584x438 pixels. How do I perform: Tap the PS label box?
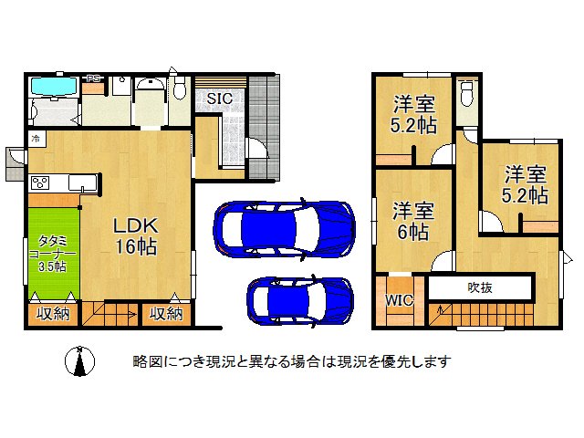[x=94, y=79]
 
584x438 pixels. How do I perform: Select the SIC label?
[x=218, y=99]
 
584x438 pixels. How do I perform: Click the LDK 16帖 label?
[x=137, y=235]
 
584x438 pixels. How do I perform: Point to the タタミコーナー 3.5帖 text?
[x=51, y=253]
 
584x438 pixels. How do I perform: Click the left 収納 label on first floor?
[x=52, y=315]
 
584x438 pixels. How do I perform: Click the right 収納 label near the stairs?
[x=165, y=315]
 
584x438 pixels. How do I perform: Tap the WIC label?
[x=399, y=299]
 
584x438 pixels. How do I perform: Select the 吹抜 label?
[x=480, y=288]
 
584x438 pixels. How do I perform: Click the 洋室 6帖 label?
[x=413, y=220]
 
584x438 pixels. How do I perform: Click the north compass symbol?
[x=80, y=361]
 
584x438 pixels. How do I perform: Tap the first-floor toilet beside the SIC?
[x=179, y=89]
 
